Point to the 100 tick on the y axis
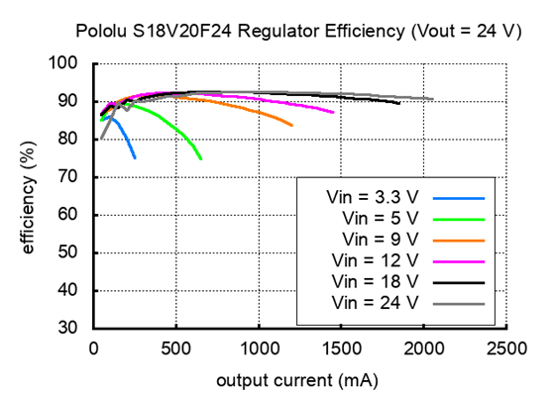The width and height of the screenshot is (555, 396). point(64,64)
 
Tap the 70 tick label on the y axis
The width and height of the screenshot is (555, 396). point(69,177)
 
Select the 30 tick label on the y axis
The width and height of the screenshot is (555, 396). point(69,329)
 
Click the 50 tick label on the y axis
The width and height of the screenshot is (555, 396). point(69,253)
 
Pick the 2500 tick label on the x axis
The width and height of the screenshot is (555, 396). point(506,348)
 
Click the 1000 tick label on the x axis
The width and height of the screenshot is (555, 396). point(259,348)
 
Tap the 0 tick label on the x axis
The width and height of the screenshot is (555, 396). point(94,348)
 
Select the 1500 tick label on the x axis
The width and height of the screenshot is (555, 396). point(341,348)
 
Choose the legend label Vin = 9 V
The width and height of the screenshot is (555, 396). point(382,239)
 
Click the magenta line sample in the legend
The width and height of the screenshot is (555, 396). point(458,260)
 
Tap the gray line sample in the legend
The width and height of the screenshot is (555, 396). point(458,302)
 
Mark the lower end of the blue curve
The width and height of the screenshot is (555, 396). point(135,157)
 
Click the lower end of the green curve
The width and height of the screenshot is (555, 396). point(200,158)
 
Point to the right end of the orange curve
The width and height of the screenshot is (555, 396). point(291,126)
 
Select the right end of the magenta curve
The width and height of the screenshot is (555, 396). point(333,113)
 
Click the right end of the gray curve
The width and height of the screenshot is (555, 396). point(432,99)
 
